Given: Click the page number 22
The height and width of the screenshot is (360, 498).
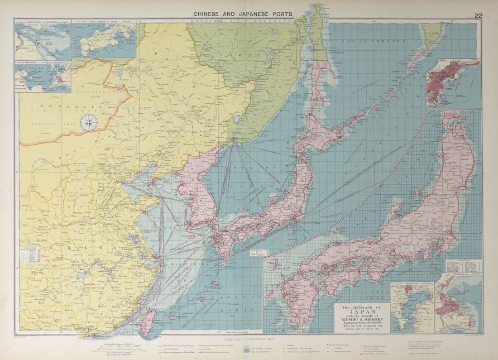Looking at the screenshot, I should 478,15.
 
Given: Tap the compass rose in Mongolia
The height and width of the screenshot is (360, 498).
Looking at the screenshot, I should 88,123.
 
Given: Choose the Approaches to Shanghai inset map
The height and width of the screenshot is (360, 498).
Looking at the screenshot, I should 43,41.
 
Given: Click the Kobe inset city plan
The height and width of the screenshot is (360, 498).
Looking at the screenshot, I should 453,84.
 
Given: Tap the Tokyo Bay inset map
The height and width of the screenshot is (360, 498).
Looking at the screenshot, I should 412,308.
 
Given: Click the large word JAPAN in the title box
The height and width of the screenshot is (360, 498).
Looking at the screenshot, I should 362,312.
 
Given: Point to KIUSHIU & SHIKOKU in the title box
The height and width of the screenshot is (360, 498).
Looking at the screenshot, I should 362,322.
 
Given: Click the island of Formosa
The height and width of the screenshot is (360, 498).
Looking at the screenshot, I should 148,323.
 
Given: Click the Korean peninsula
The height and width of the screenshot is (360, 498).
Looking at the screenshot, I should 197,190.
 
